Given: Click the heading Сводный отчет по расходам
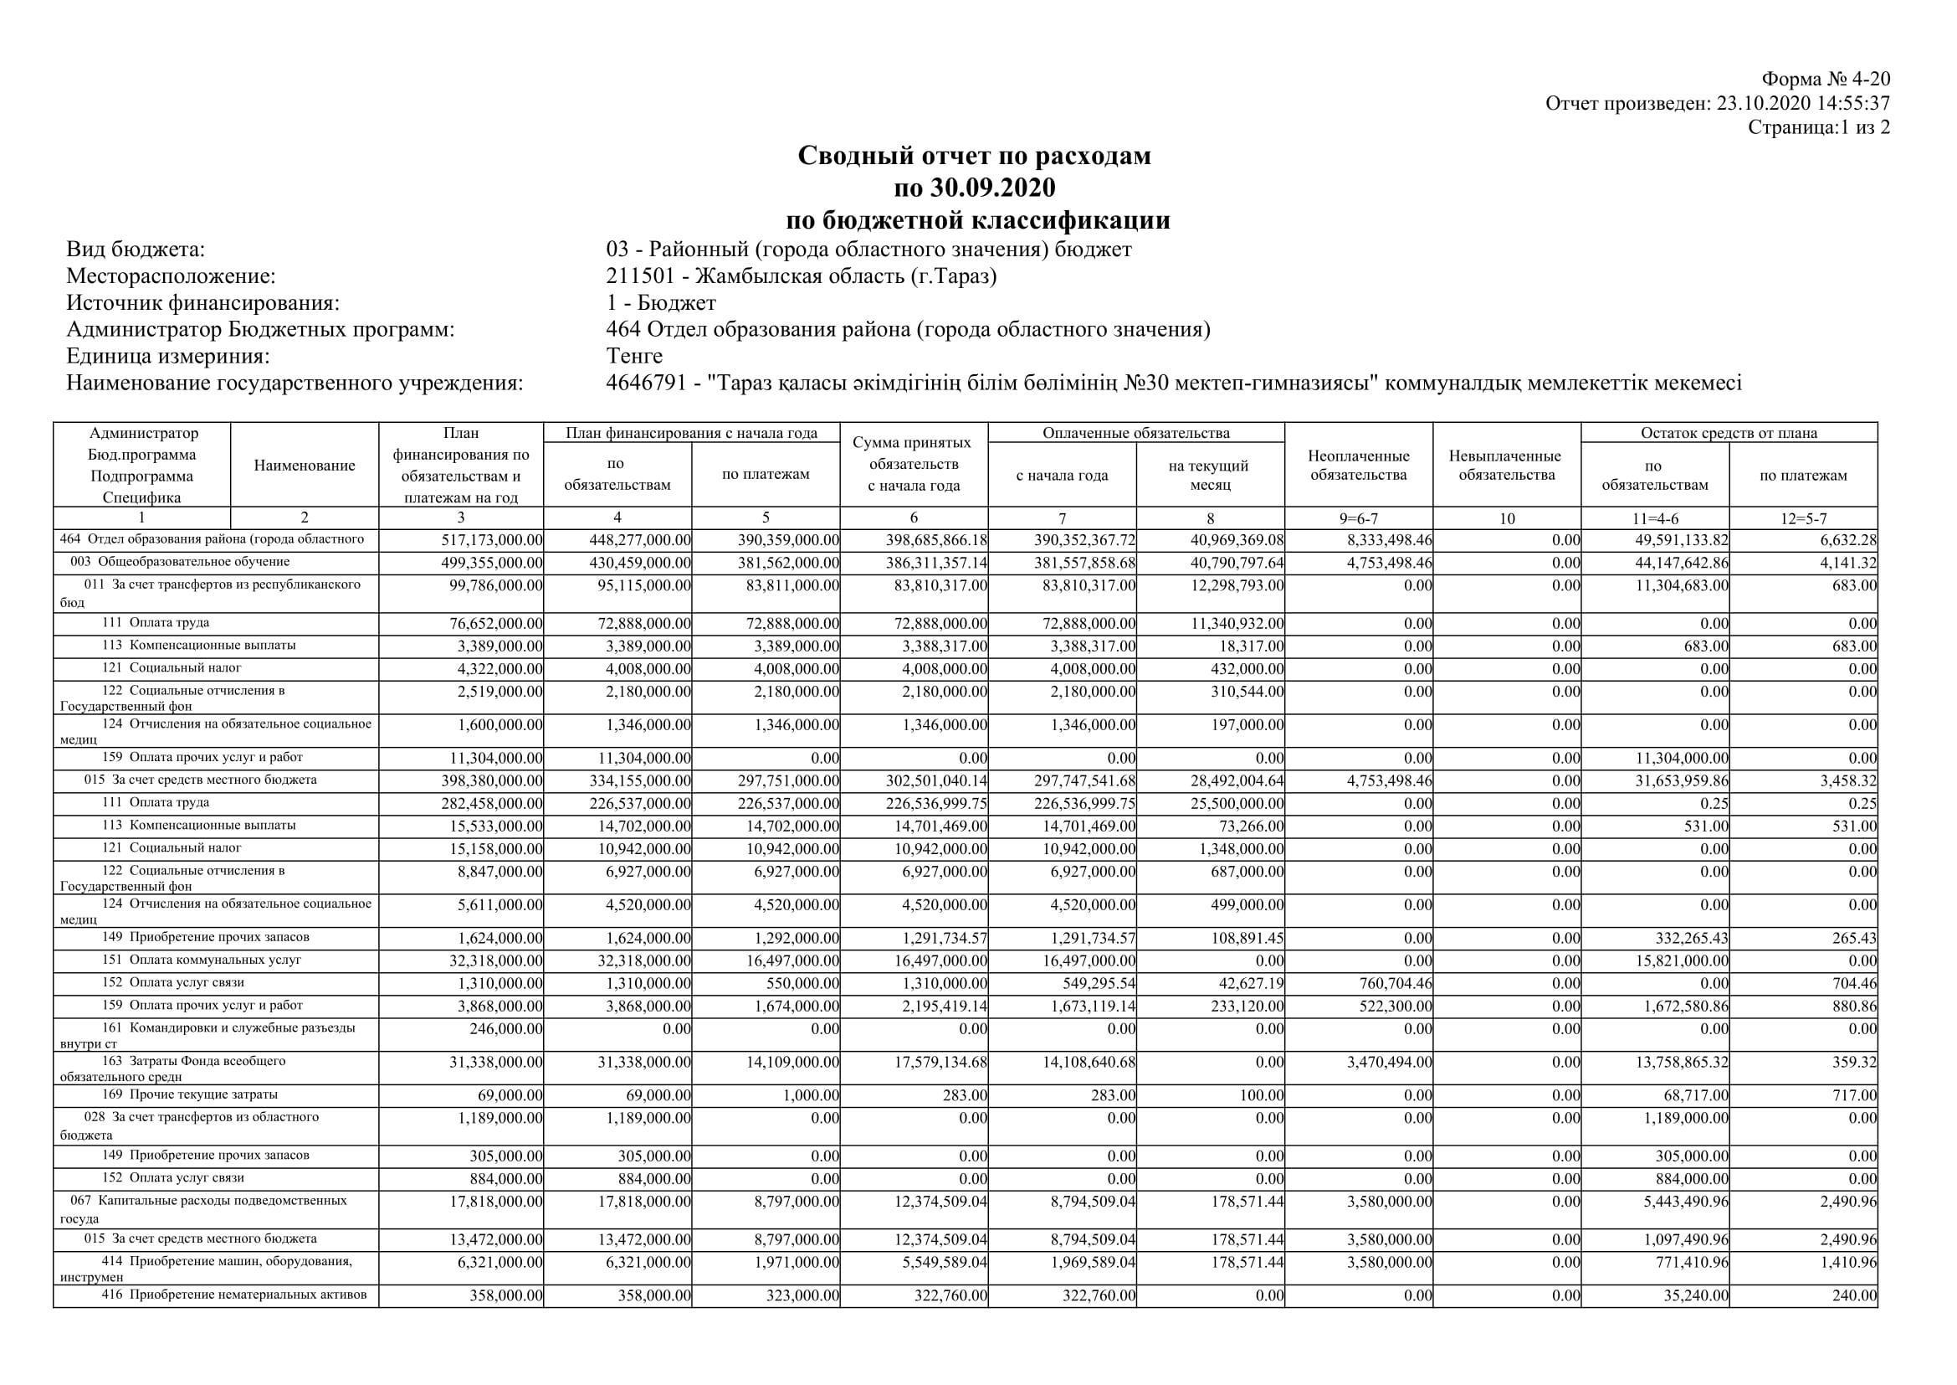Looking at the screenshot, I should [974, 155].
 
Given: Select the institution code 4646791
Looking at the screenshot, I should [646, 383].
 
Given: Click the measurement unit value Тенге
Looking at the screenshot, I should [634, 356].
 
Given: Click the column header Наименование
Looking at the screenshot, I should [305, 466].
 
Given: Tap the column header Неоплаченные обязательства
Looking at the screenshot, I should [1359, 466].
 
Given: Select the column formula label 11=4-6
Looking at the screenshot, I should [1654, 517].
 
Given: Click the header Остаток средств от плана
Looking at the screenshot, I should [1729, 433].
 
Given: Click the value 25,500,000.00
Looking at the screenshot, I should [1237, 803].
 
